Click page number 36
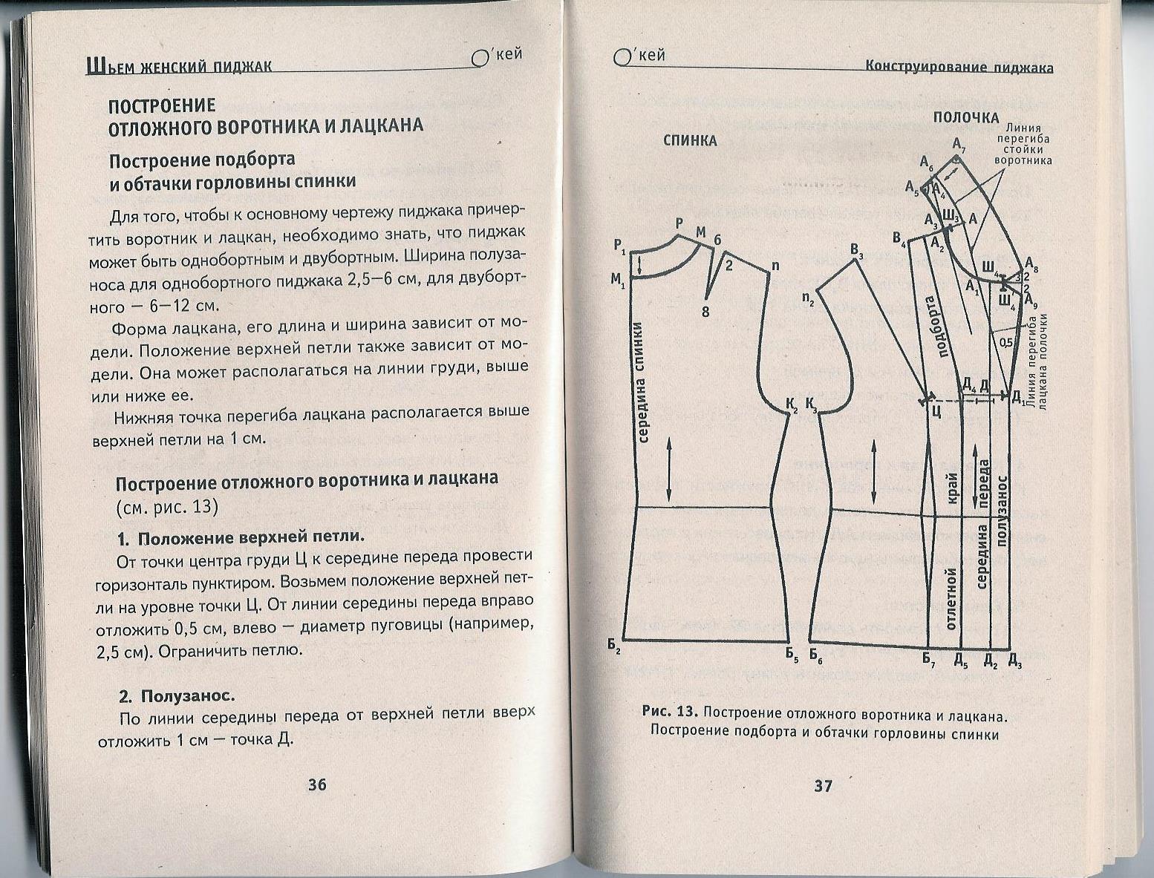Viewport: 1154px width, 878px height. pos(317,784)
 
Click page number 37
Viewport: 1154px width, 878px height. pos(823,786)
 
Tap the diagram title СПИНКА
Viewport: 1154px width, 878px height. pos(690,141)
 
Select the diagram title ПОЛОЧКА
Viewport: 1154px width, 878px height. pos(965,118)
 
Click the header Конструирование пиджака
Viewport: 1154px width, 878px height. pos(959,68)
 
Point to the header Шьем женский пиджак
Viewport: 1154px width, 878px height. pos(179,67)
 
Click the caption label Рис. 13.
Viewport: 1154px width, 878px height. pos(670,712)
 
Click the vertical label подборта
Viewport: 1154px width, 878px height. pos(936,327)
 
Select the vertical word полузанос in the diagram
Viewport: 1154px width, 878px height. pos(1002,511)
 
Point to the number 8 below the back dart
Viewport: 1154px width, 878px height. pos(705,312)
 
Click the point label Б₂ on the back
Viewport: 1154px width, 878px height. pos(614,647)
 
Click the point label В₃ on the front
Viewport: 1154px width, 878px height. pos(858,251)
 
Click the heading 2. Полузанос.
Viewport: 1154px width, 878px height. pos(177,696)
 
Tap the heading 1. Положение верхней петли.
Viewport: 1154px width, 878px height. pos(241,537)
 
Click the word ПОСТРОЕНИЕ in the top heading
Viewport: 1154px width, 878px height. pos(162,105)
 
